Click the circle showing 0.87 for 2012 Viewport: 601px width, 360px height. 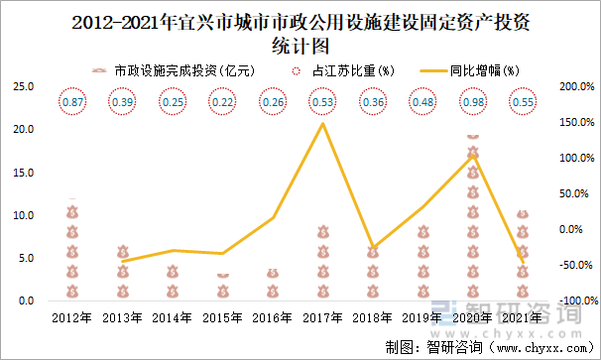72,102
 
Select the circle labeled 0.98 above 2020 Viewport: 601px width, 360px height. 473,102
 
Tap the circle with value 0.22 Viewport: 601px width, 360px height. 223,102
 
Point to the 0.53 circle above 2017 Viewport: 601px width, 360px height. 323,102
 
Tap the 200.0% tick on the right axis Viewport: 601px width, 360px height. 576,86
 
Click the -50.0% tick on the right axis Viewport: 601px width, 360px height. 576,265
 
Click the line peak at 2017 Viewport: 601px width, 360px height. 323,123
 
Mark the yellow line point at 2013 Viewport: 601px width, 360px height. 123,262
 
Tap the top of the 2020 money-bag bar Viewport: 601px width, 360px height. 473,136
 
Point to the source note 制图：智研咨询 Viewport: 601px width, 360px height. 433,346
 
